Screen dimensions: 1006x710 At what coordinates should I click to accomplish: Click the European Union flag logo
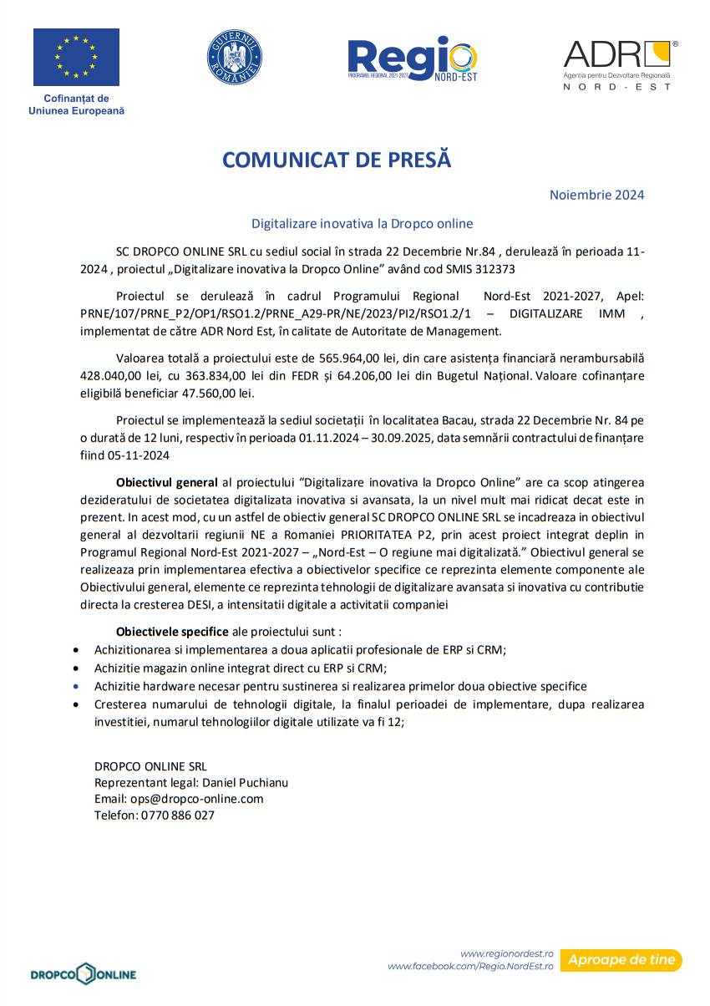(x=76, y=57)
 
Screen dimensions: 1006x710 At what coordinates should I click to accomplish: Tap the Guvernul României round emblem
(x=235, y=57)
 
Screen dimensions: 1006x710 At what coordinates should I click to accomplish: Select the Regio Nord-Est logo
(x=412, y=58)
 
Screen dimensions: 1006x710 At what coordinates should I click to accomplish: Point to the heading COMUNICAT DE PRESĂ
(x=337, y=160)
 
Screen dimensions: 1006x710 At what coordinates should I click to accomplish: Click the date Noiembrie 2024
(x=596, y=195)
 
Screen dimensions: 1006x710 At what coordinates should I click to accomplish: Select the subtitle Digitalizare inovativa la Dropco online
(x=363, y=223)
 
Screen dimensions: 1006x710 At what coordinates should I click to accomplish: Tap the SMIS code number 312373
(x=493, y=269)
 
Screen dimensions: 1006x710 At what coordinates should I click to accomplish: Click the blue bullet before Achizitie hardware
(x=78, y=686)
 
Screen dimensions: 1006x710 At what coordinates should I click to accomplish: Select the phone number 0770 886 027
(x=177, y=815)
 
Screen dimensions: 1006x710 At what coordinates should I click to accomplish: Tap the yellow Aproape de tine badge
(x=621, y=960)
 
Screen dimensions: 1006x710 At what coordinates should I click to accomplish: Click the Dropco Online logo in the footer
(x=84, y=974)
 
